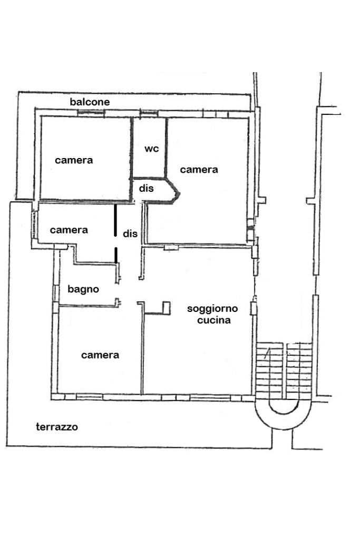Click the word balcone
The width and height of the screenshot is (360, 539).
[90, 102]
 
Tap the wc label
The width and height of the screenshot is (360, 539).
[152, 149]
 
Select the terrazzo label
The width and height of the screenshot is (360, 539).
[57, 427]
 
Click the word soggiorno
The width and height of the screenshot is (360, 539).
[213, 309]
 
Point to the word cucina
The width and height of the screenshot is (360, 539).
[213, 319]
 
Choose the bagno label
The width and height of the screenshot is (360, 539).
[83, 289]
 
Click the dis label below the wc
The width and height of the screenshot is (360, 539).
[147, 188]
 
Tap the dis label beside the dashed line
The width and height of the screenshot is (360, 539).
[130, 233]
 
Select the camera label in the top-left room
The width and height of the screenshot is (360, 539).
[74, 160]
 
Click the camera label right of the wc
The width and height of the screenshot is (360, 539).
[199, 170]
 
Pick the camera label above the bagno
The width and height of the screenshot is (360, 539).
[69, 230]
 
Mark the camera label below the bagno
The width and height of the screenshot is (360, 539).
[100, 355]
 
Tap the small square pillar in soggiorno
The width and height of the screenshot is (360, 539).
[167, 307]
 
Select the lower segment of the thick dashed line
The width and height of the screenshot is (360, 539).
[116, 254]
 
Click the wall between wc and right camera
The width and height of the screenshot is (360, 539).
[166, 146]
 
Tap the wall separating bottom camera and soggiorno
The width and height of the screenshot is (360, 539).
[142, 350]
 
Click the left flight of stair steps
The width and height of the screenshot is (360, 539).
[268, 369]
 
